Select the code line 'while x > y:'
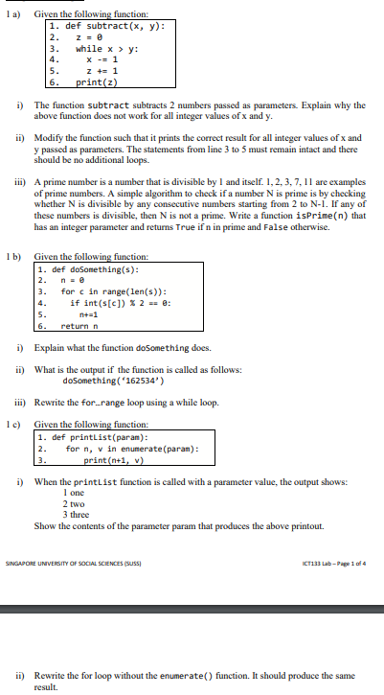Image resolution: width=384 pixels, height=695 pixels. coord(102,47)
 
